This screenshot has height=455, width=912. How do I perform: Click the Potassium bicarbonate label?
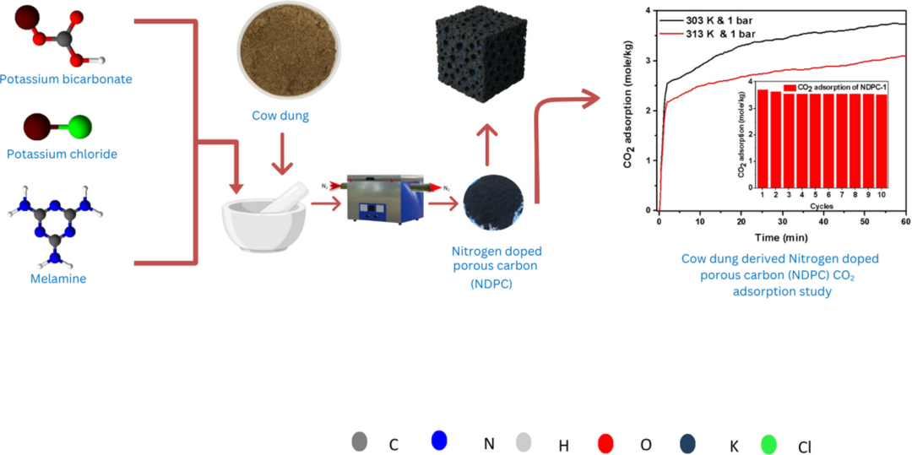[x=67, y=79]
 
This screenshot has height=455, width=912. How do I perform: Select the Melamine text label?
[x=58, y=279]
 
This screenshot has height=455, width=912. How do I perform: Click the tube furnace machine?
[x=380, y=201]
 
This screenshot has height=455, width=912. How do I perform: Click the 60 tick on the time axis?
[x=904, y=222]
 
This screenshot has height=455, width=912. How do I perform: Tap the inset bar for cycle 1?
[x=763, y=138]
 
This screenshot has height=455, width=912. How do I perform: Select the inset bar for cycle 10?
[x=882, y=140]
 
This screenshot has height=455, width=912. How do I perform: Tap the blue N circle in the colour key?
[x=438, y=440]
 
